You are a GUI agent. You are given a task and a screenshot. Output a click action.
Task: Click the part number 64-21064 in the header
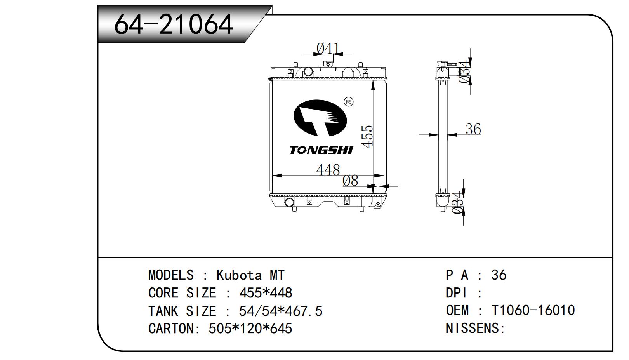click(173, 24)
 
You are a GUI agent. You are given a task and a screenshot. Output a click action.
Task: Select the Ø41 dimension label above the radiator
click(328, 49)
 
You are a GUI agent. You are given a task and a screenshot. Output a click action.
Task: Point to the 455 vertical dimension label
click(367, 136)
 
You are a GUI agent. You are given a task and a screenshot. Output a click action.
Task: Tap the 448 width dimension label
click(328, 170)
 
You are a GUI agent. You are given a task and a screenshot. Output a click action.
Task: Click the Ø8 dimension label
click(350, 180)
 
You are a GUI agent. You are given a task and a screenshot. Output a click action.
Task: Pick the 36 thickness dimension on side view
click(473, 129)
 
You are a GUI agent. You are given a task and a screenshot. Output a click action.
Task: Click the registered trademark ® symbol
click(349, 102)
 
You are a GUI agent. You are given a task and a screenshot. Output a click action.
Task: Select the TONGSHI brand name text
click(321, 150)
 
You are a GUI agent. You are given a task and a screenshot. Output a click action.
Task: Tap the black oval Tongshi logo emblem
click(320, 118)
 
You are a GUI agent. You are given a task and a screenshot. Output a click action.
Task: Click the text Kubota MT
click(250, 275)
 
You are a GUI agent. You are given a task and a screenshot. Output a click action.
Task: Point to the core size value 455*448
click(266, 293)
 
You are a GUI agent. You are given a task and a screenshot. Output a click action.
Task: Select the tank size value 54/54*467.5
click(280, 311)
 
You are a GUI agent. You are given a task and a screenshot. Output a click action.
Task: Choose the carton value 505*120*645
click(250, 329)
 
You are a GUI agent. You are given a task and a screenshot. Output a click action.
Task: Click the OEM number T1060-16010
click(533, 310)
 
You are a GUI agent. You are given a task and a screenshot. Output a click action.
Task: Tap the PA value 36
click(499, 275)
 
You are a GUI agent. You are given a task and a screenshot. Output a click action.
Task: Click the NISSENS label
click(474, 328)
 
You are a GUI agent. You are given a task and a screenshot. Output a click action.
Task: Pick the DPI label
click(457, 293)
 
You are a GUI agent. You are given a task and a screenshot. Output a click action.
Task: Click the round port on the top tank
click(308, 71)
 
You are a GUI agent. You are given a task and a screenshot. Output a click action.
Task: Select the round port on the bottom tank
click(289, 202)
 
